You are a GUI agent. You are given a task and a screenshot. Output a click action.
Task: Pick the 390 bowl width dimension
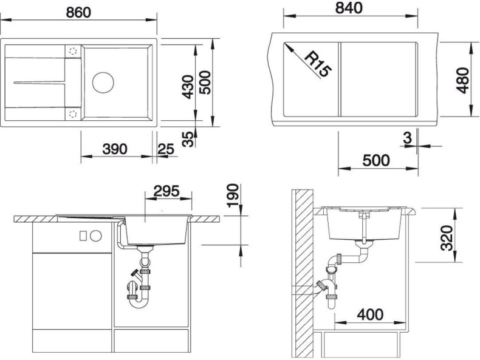click(114, 149)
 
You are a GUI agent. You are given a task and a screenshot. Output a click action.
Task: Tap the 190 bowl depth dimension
click(233, 196)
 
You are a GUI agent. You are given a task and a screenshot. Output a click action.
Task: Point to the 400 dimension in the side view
click(370, 314)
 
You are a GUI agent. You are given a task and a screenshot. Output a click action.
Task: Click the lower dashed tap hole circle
click(72, 114)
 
